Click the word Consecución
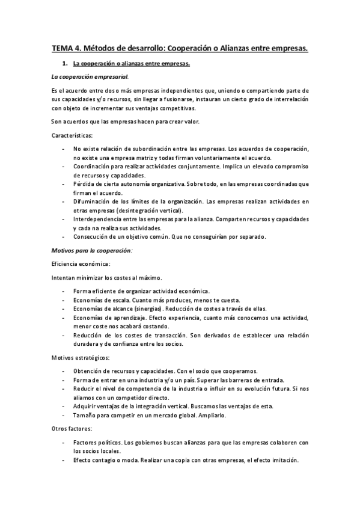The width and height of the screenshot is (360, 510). click(x=91, y=236)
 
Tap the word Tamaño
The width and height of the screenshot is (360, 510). click(x=84, y=416)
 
